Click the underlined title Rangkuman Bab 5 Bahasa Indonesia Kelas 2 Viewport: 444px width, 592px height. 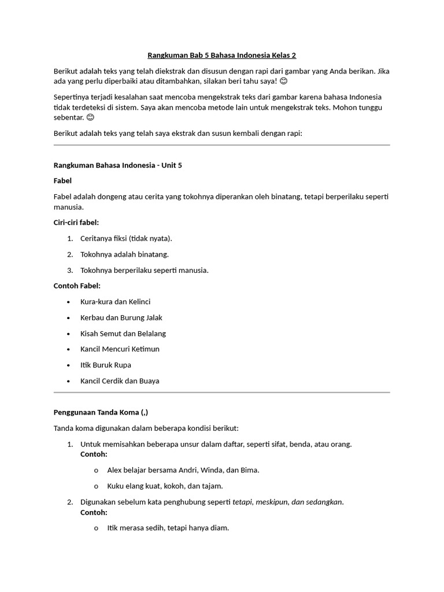coord(222,55)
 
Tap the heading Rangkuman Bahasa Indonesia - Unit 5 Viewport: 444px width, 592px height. coord(118,165)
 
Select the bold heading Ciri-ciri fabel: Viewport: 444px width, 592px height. coord(76,223)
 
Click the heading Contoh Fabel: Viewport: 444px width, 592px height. coord(77,286)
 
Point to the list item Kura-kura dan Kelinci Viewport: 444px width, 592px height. coord(116,302)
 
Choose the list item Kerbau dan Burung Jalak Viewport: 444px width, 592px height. coord(121,317)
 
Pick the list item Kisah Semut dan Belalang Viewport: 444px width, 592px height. coord(123,334)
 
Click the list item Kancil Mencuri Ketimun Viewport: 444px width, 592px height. coord(120,349)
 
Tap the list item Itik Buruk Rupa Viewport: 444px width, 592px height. coord(106,365)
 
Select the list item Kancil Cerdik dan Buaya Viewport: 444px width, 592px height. coord(120,381)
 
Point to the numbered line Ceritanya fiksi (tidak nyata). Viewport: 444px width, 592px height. coord(126,238)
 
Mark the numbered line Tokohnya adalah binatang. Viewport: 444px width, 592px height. coord(124,254)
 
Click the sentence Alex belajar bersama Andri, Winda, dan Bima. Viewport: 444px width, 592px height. coord(183,470)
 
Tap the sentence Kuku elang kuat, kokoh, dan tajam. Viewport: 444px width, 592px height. coord(165,486)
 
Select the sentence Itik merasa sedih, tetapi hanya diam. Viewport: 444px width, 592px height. coord(168,528)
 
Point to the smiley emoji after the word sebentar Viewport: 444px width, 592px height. coord(90,117)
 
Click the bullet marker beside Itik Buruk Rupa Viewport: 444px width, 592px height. coord(68,365)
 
